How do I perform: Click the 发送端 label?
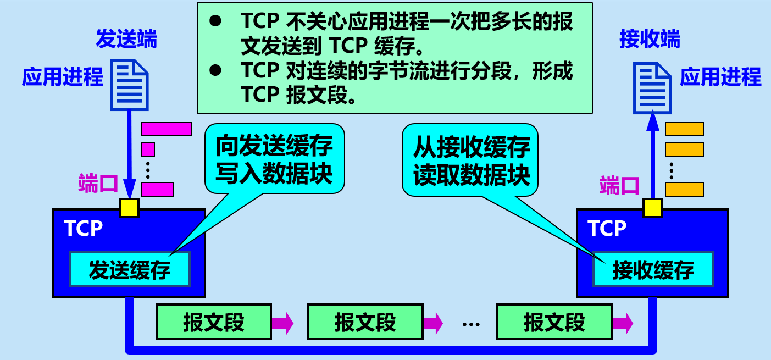click(x=126, y=40)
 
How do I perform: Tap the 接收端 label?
click(x=650, y=40)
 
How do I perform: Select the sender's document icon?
click(x=130, y=84)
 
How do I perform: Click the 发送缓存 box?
click(x=130, y=269)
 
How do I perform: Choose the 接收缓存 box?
click(x=653, y=269)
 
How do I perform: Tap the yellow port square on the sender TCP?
click(x=130, y=208)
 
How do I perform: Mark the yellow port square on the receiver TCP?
click(x=652, y=208)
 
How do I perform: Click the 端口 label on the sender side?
click(x=98, y=183)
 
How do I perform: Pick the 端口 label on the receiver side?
click(x=619, y=185)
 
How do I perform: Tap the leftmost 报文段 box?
click(x=214, y=322)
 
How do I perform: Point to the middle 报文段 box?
click(x=365, y=322)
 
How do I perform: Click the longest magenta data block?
click(x=167, y=129)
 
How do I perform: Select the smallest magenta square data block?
click(x=148, y=149)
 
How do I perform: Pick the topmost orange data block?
click(x=684, y=129)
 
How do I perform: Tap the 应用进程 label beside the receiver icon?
click(x=720, y=77)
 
